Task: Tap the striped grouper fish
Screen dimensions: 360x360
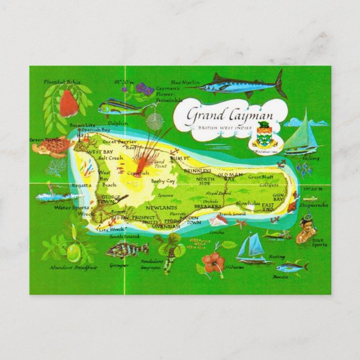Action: point(127,249)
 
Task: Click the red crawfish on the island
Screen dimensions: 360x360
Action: point(144,162)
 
